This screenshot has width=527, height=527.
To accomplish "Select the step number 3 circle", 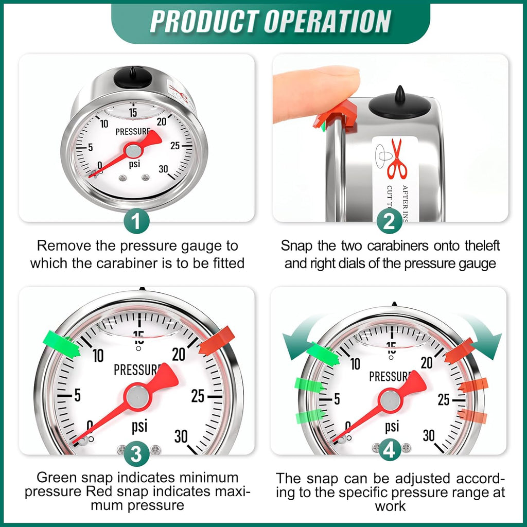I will [136, 454].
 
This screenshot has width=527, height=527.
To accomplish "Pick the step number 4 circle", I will [390, 451].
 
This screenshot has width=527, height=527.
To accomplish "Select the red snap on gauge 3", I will [216, 340].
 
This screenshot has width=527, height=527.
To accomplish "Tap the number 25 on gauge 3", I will [199, 396].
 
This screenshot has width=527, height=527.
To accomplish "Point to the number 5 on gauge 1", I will [90, 147].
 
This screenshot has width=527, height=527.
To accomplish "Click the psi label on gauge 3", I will [139, 426].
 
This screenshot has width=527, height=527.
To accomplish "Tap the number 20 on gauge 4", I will [427, 362].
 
